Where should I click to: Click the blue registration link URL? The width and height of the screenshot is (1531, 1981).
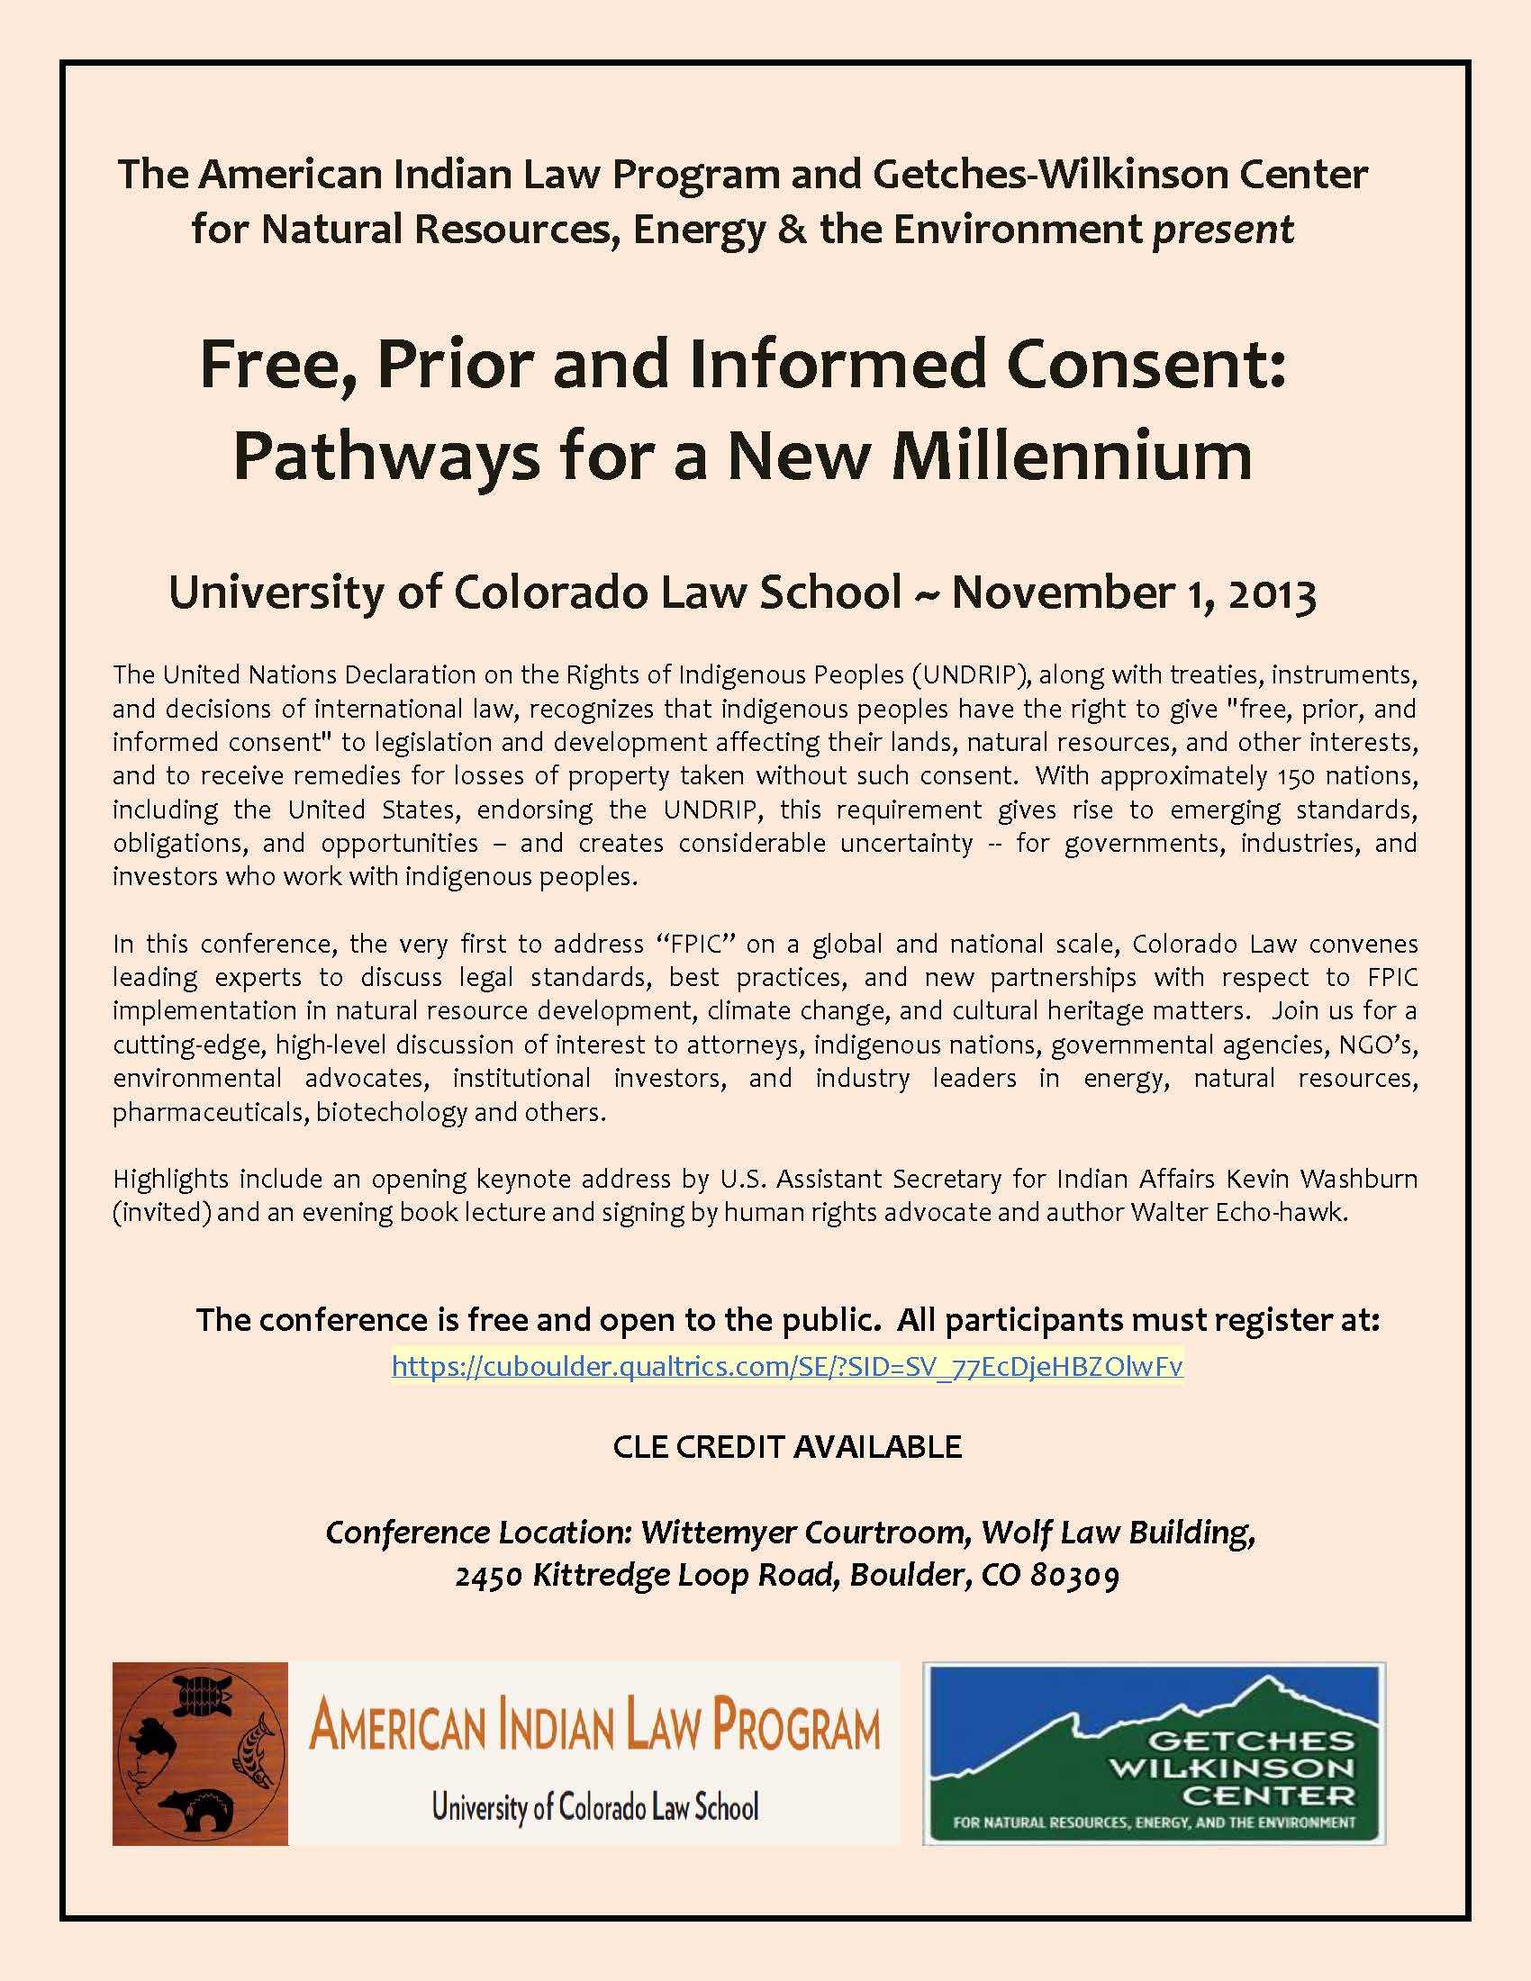pos(787,1367)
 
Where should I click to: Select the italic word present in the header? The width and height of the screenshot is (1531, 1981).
pos(1223,230)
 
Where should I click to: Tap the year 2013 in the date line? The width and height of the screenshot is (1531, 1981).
pos(1272,594)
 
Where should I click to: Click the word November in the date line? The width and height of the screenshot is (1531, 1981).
pos(1062,593)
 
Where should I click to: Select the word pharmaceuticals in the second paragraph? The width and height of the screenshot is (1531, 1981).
pos(211,1112)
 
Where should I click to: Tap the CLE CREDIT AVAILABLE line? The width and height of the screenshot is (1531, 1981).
pos(787,1447)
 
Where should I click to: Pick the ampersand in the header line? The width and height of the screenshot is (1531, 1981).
pos(792,230)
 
